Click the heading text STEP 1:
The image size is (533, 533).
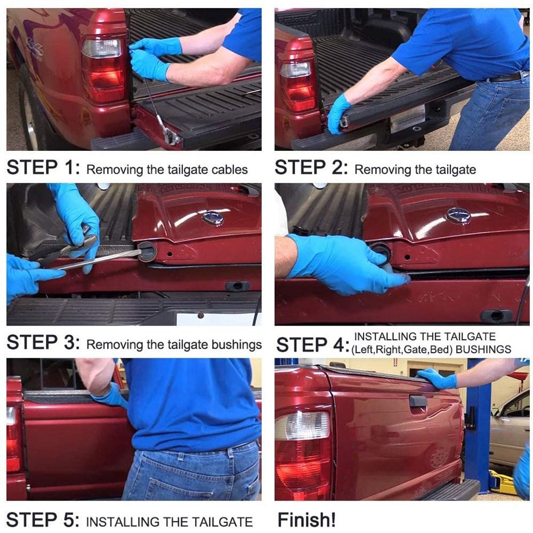44,167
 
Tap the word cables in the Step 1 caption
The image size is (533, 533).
229,169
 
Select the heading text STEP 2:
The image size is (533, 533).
311,167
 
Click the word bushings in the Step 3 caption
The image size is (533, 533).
237,344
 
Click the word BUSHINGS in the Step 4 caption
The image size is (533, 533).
483,350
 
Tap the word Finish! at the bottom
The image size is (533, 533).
306,520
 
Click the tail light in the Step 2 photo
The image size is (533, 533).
297,85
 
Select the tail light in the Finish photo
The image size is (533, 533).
303,453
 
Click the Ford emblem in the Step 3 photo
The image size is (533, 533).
213,217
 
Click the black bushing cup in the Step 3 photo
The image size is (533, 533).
147,252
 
